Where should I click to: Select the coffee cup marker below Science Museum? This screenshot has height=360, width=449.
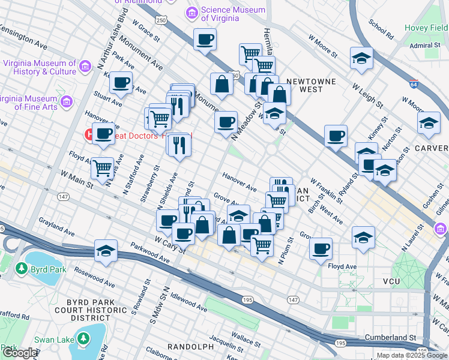click(205, 41)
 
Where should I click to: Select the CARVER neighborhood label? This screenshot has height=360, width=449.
click(431, 148)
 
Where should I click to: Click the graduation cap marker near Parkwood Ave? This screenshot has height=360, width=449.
click(106, 251)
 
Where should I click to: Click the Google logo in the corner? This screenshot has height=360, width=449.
click(19, 353)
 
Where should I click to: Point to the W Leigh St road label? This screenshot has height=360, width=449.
click(367, 94)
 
